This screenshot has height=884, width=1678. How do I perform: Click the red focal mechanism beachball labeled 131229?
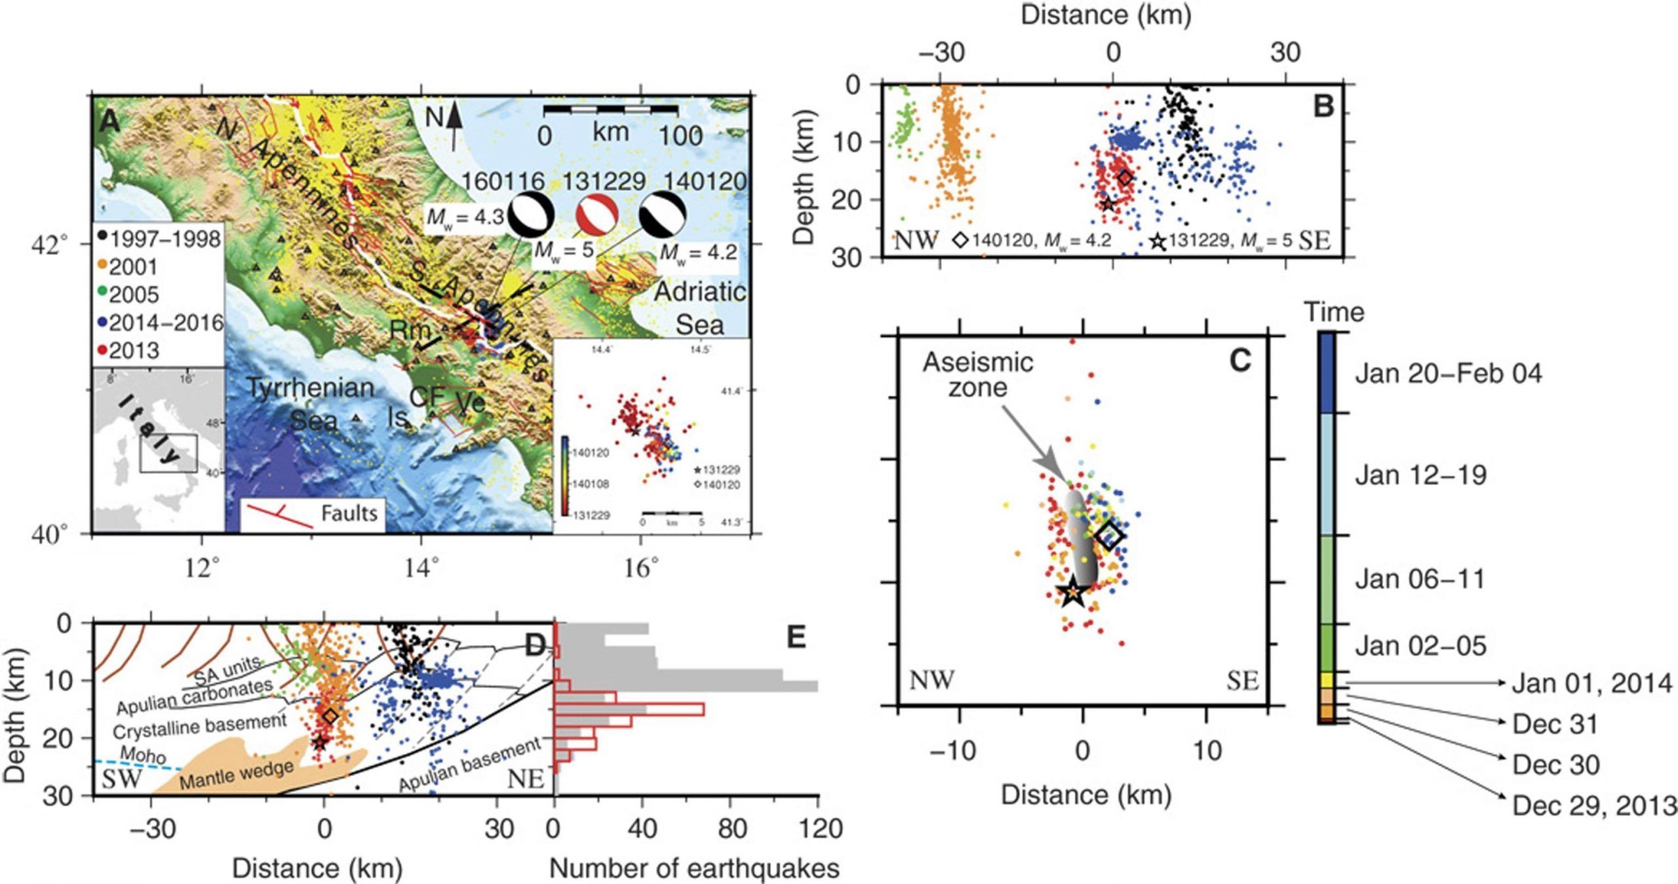pyautogui.click(x=596, y=214)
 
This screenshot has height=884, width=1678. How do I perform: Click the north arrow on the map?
pyautogui.click(x=455, y=128)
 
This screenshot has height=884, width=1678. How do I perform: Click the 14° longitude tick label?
pyautogui.click(x=421, y=567)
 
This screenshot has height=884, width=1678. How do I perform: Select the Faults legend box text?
pyautogui.click(x=349, y=513)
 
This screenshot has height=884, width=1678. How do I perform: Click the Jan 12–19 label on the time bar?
pyautogui.click(x=1420, y=475)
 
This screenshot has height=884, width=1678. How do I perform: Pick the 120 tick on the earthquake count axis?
pyautogui.click(x=817, y=829)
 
